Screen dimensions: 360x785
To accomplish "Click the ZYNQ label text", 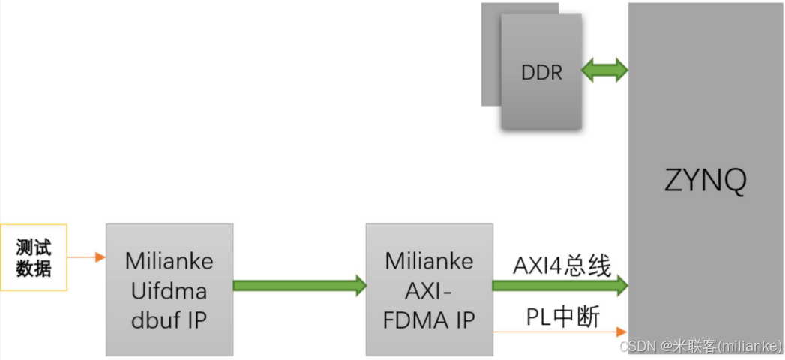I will (706, 181).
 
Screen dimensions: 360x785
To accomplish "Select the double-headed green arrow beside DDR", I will (605, 70).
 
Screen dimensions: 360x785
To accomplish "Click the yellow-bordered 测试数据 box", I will (34, 257).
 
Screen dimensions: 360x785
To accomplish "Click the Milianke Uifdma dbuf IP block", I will (169, 289).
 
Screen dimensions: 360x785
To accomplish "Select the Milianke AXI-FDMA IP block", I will (429, 289).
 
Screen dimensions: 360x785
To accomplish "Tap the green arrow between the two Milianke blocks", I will (299, 285).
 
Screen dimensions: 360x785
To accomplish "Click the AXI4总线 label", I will (562, 265).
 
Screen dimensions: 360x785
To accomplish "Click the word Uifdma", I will (169, 289).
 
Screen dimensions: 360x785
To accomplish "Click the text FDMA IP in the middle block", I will (429, 319).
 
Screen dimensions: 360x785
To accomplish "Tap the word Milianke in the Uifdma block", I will (169, 261).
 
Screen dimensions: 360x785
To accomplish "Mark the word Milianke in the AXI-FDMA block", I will (429, 260).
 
